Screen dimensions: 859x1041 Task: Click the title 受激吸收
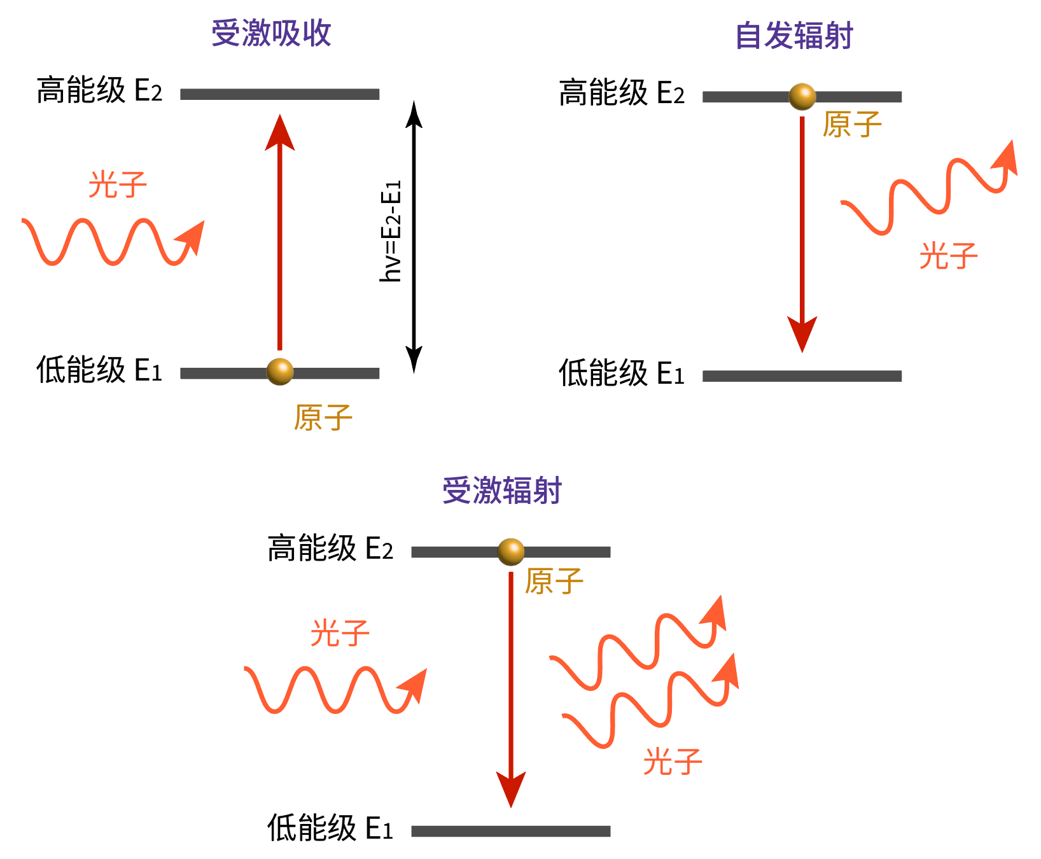point(271,33)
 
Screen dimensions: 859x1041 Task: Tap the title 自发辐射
point(793,36)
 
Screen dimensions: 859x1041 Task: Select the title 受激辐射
point(502,491)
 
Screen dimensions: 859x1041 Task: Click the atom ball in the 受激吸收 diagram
point(280,372)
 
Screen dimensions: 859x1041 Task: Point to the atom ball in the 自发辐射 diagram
point(802,97)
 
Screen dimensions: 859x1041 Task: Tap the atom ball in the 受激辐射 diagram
point(510,552)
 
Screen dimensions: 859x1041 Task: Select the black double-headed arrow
point(414,235)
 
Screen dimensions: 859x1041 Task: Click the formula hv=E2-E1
point(391,232)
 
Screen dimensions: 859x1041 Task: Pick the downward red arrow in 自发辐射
point(802,229)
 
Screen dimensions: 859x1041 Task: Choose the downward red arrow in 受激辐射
point(510,687)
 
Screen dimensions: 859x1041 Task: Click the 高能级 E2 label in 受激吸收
point(99,91)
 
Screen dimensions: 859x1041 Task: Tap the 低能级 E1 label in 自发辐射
point(621,374)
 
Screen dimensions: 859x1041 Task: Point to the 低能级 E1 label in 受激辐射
point(330,828)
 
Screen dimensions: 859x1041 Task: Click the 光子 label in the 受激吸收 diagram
point(118,185)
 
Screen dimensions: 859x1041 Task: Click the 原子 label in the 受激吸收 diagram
point(323,418)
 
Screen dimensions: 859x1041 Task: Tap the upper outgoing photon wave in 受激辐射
point(637,643)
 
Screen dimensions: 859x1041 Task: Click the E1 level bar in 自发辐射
point(802,376)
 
